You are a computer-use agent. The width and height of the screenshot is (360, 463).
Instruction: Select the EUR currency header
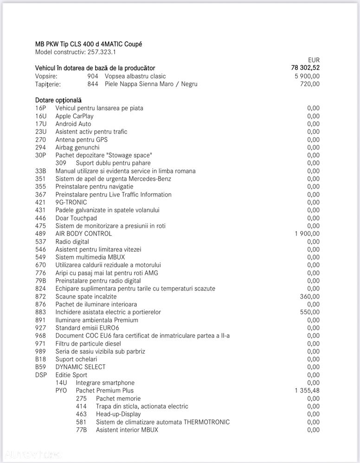pos(314,60)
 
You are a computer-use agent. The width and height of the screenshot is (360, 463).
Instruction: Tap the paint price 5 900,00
pos(307,76)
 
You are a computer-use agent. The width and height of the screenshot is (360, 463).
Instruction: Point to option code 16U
pos(40,116)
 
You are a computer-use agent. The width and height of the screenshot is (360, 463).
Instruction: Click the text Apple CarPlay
pos(74,116)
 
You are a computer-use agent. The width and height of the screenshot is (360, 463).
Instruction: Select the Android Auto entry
pos(73,124)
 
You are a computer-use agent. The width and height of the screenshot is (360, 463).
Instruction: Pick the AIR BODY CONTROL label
pos(84,234)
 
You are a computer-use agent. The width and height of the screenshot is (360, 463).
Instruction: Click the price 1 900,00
pos(307,234)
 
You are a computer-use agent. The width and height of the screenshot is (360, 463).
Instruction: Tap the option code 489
pos(40,234)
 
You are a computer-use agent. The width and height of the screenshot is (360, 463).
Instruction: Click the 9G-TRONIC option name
pos(71,202)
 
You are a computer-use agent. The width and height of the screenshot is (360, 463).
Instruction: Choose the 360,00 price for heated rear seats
pos(310,297)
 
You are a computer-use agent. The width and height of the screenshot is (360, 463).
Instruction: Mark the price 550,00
pos(310,312)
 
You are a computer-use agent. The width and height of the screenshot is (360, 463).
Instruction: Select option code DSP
pos(41,375)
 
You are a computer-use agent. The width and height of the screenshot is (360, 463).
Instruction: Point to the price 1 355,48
pos(307,391)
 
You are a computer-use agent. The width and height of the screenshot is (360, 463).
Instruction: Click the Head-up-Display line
pos(118,414)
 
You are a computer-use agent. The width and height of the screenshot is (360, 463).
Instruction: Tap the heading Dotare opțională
pos(58,100)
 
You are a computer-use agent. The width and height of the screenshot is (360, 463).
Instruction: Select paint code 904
pos(93,76)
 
